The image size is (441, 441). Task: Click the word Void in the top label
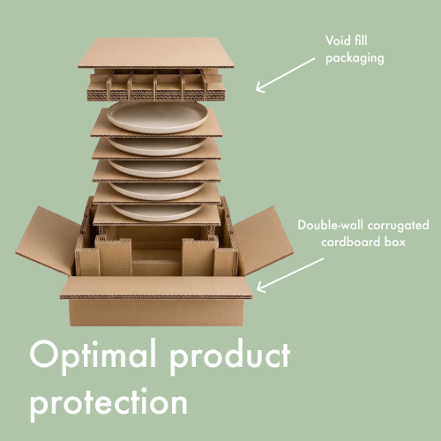point(337,41)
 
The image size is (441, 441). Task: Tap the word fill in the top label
point(361,40)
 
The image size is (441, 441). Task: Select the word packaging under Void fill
point(355,58)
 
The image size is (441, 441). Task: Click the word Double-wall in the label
point(331,225)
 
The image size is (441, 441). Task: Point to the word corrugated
point(399,226)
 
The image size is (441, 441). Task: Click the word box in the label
point(395,242)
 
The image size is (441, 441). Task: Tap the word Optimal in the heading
point(93,356)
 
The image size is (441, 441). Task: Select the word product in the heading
point(230,356)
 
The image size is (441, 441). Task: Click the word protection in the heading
point(108,402)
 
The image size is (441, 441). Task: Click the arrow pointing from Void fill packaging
point(285,75)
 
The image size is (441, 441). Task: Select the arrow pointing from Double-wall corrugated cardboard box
point(290,275)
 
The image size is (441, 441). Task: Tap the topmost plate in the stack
point(158,116)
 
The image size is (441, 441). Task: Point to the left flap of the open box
point(47,241)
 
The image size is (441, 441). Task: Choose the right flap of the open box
point(263,241)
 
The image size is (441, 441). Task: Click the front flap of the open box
point(156,288)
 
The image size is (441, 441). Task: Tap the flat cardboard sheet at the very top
point(156,53)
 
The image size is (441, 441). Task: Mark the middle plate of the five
point(158,168)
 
